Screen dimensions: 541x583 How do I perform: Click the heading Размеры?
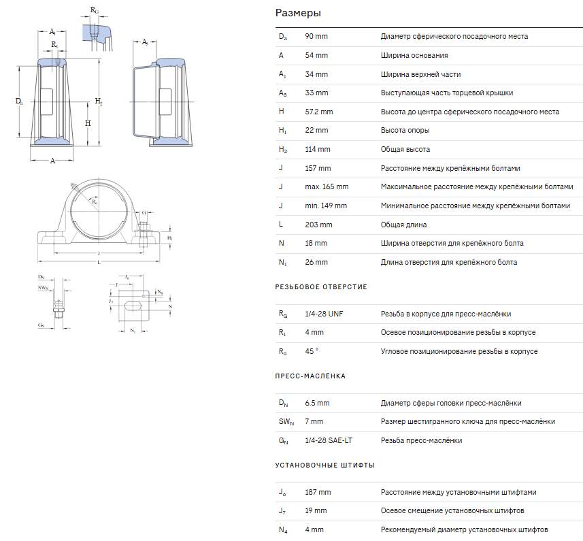click(x=298, y=14)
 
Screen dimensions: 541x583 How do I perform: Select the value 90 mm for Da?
click(x=316, y=37)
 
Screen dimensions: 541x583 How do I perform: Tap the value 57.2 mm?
click(x=319, y=112)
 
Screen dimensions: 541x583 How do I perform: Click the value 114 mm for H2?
click(x=318, y=149)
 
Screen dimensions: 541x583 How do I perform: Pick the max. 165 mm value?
click(x=327, y=186)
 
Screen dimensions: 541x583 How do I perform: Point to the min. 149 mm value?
click(x=326, y=206)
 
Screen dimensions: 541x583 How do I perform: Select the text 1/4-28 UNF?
click(x=324, y=314)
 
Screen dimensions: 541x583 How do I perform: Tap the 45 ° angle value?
click(x=312, y=351)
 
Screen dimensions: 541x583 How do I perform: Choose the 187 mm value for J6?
click(x=318, y=492)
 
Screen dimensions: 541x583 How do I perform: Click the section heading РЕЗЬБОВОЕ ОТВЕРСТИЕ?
click(x=321, y=287)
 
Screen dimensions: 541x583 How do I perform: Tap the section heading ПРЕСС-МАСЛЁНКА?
click(x=310, y=376)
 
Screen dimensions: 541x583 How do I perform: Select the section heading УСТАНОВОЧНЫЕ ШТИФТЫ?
click(x=324, y=465)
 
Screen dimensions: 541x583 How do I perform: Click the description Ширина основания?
click(x=414, y=55)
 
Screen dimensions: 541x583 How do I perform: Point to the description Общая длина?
click(x=403, y=225)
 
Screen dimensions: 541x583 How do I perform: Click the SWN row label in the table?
click(x=286, y=422)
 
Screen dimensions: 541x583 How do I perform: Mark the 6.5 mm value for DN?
click(x=317, y=403)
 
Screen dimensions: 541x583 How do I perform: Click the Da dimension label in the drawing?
click(x=19, y=101)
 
